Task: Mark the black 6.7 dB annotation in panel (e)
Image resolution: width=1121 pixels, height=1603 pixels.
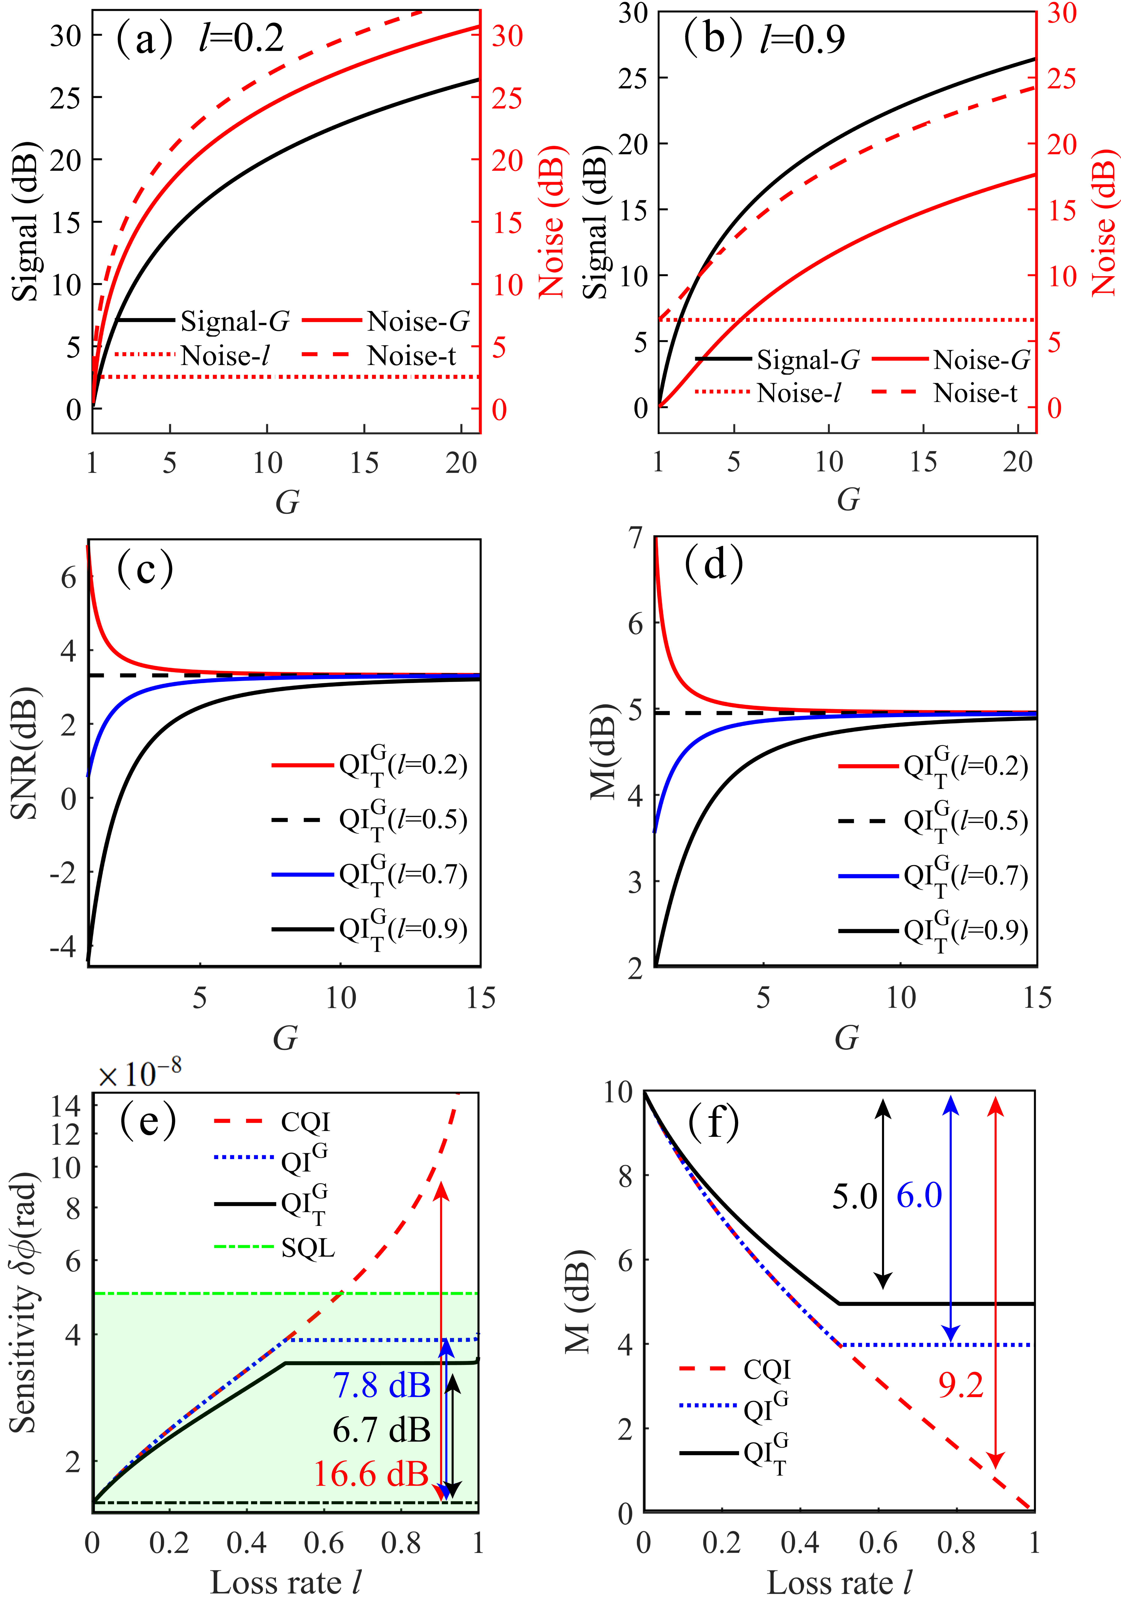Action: [381, 1430]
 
